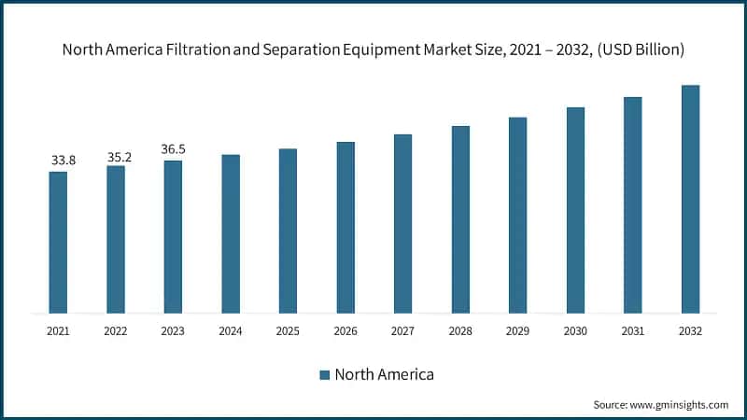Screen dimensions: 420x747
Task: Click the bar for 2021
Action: (x=58, y=243)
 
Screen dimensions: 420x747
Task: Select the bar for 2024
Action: (x=231, y=233)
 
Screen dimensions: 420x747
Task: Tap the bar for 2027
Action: (x=402, y=224)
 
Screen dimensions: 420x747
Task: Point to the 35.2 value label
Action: (x=120, y=157)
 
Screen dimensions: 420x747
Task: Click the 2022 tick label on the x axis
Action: (x=116, y=330)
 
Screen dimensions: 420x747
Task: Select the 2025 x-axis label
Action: (x=288, y=330)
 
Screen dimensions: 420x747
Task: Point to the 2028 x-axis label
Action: (x=460, y=330)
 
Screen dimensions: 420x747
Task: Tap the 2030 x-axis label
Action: (x=575, y=330)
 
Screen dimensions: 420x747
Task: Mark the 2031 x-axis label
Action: (x=632, y=330)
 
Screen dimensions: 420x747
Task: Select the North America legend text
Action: (x=385, y=374)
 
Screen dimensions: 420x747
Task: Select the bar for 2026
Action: (x=345, y=228)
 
